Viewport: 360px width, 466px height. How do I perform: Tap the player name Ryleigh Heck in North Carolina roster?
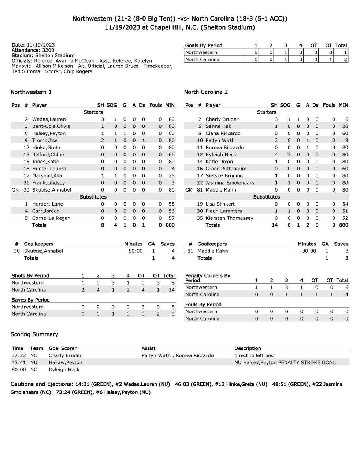tap(221, 155)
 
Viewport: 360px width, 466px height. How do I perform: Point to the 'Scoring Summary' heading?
tap(34, 334)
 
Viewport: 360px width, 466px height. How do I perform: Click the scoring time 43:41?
tap(19, 362)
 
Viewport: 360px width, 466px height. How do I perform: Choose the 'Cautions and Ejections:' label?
tap(42, 384)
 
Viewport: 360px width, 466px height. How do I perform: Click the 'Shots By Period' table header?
tap(30, 275)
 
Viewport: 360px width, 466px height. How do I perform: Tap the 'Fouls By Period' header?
tap(203, 304)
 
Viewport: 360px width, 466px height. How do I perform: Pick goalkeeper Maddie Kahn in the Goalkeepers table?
tap(212, 251)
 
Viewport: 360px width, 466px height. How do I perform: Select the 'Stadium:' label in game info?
tap(23, 55)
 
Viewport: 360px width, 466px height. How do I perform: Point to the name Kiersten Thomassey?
tap(229, 218)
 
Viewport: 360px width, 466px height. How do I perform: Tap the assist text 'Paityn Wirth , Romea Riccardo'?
tap(178, 355)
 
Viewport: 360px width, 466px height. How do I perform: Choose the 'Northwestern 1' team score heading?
tap(31, 92)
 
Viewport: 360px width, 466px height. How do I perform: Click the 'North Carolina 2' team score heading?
tap(206, 92)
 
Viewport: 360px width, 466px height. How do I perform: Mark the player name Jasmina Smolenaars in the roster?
tap(230, 183)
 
